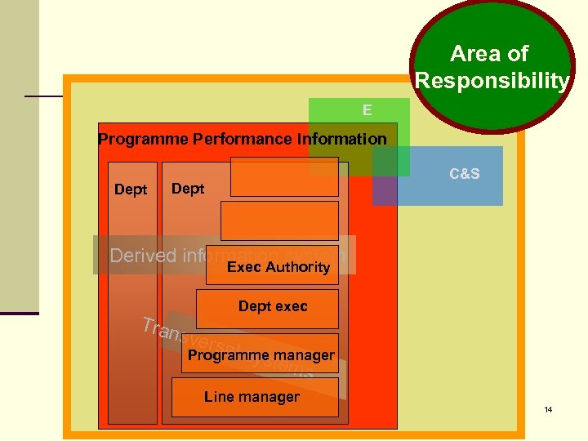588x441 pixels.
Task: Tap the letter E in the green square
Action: coord(367,110)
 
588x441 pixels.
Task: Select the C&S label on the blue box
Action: coord(465,174)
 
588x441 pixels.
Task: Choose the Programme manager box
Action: coord(260,354)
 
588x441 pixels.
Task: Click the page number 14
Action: coord(549,408)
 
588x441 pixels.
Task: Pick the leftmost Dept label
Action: coord(131,189)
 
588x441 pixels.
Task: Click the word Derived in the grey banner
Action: coord(144,256)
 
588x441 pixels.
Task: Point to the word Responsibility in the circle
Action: coord(492,81)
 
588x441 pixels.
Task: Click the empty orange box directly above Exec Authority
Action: coord(279,220)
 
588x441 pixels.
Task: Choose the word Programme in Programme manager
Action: coord(224,355)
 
